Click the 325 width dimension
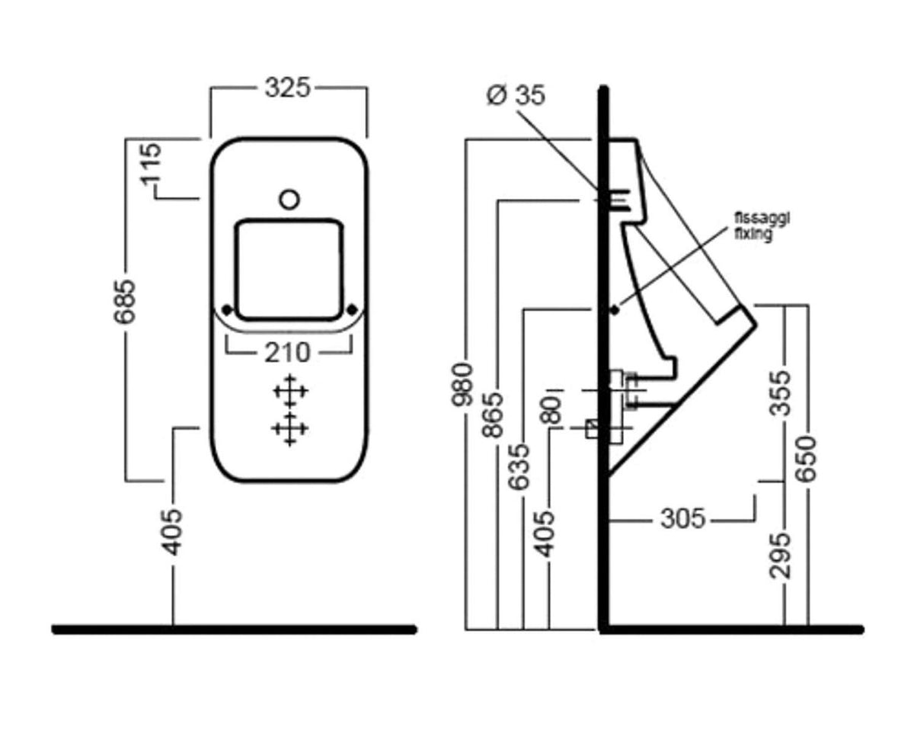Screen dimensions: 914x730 (288, 88)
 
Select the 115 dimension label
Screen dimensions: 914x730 (152, 165)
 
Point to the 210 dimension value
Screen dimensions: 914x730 (288, 353)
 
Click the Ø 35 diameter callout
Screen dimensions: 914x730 (516, 94)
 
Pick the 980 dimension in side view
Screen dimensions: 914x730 (462, 385)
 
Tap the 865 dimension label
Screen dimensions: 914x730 (493, 415)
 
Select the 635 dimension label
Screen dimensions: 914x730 (519, 467)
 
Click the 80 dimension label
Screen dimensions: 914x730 (550, 411)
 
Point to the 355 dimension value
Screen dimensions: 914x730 (781, 393)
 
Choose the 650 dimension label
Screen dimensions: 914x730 (806, 459)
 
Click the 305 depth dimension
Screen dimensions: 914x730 (683, 518)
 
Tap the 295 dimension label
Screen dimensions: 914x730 (781, 556)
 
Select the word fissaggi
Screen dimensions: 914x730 (762, 219)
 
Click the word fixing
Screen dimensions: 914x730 (753, 234)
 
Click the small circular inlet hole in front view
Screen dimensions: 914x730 (289, 200)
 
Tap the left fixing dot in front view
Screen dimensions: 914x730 (228, 309)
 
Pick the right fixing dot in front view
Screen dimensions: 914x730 (352, 309)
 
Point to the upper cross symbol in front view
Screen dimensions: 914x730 (290, 392)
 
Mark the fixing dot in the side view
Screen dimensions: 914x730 (615, 311)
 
